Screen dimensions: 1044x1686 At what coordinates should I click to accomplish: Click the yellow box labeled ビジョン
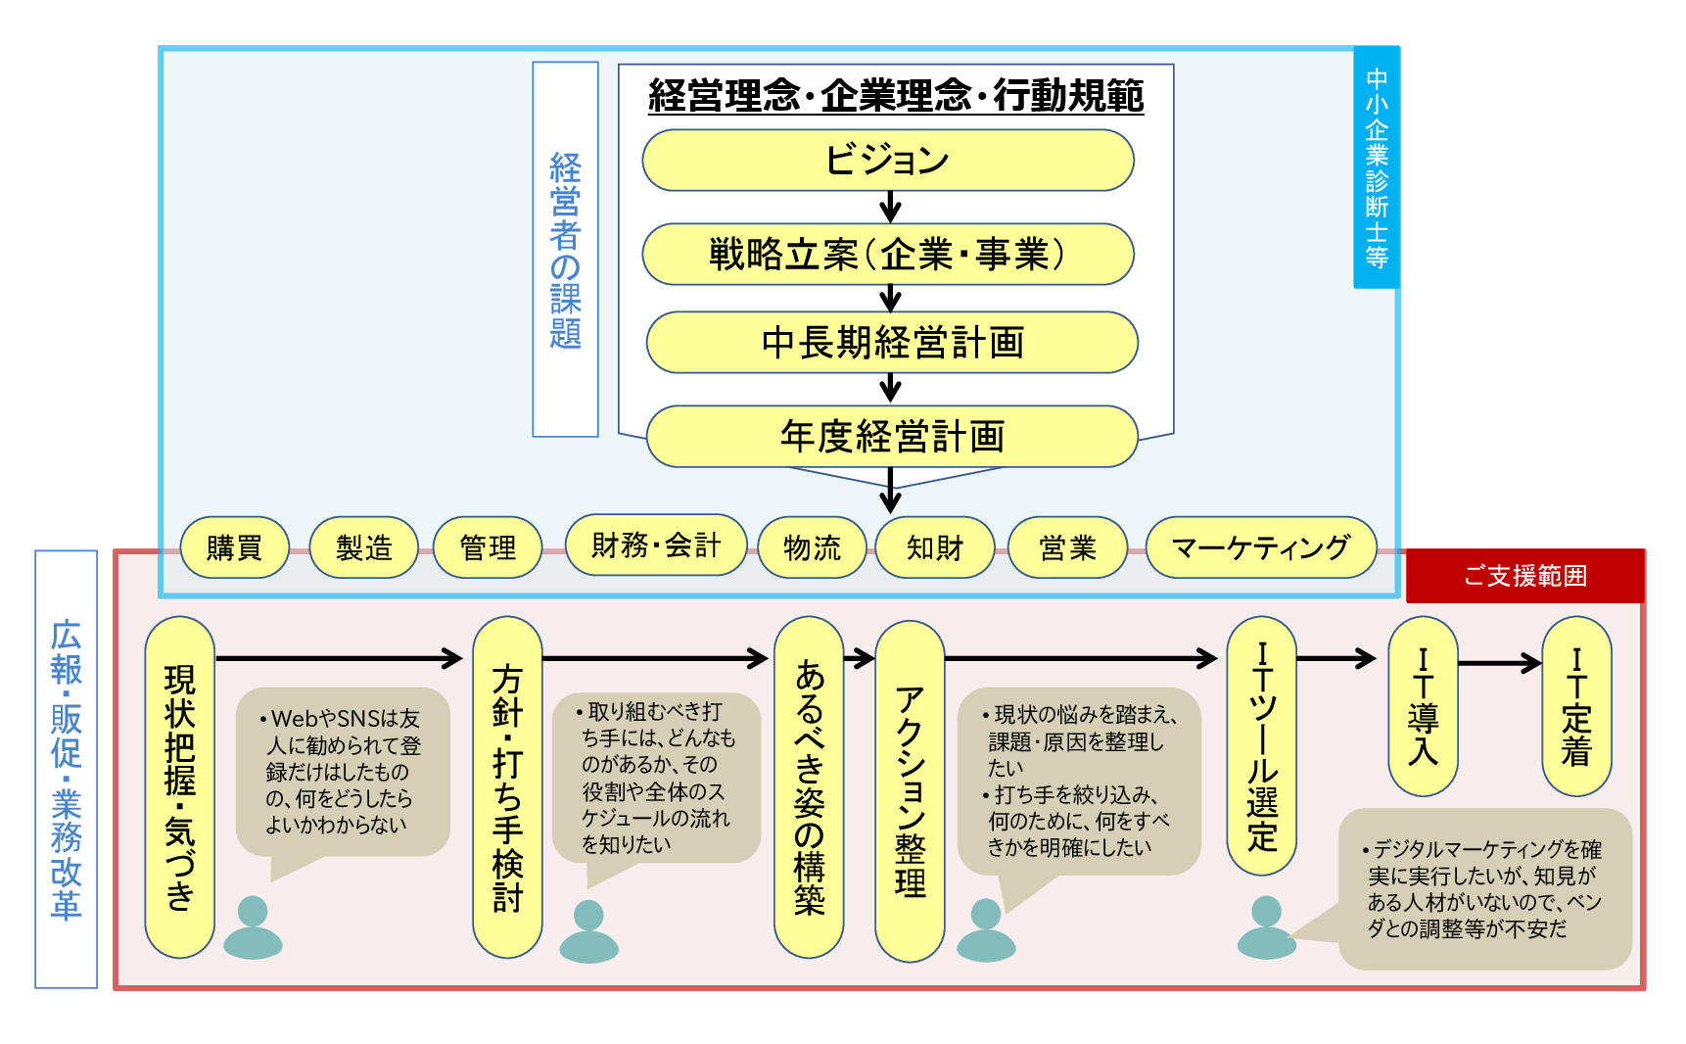pyautogui.click(x=887, y=160)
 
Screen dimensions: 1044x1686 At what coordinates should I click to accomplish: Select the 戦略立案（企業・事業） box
pyautogui.click(x=887, y=255)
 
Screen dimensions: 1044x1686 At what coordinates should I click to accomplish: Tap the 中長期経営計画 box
pyautogui.click(x=892, y=343)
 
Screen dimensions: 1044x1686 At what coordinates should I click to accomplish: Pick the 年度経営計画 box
pyautogui.click(x=892, y=437)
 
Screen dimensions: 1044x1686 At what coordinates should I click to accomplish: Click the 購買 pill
pyautogui.click(x=235, y=547)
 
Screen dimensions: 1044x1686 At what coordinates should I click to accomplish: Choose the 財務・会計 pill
pyautogui.click(x=656, y=545)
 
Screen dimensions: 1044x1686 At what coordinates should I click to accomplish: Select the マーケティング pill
pyautogui.click(x=1261, y=547)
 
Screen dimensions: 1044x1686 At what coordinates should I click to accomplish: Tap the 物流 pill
pyautogui.click(x=812, y=547)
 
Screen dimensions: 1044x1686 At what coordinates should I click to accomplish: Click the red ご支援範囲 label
pyautogui.click(x=1524, y=576)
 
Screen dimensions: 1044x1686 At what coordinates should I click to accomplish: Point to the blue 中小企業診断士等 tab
pyautogui.click(x=1376, y=167)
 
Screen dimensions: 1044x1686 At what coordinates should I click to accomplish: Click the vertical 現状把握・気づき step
pyautogui.click(x=179, y=786)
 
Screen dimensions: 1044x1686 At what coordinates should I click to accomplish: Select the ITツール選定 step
pyautogui.click(x=1261, y=745)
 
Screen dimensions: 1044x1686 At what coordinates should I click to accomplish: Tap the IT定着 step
pyautogui.click(x=1576, y=706)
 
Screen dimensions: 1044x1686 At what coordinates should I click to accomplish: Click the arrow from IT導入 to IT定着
pyautogui.click(x=1499, y=664)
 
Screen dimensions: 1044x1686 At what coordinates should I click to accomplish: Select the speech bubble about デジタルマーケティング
pyautogui.click(x=1484, y=888)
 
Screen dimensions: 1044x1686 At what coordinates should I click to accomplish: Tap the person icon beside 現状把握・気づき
pyautogui.click(x=253, y=927)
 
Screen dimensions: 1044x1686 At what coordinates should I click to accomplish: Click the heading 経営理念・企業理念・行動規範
pyautogui.click(x=896, y=96)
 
